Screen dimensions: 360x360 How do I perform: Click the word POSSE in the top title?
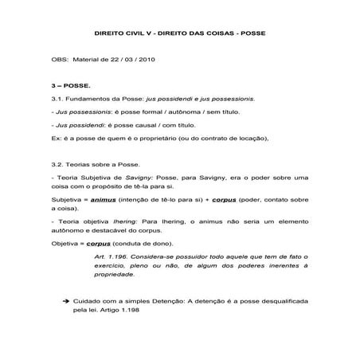click(x=254, y=36)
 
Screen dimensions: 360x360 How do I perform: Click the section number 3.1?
click(x=56, y=100)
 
